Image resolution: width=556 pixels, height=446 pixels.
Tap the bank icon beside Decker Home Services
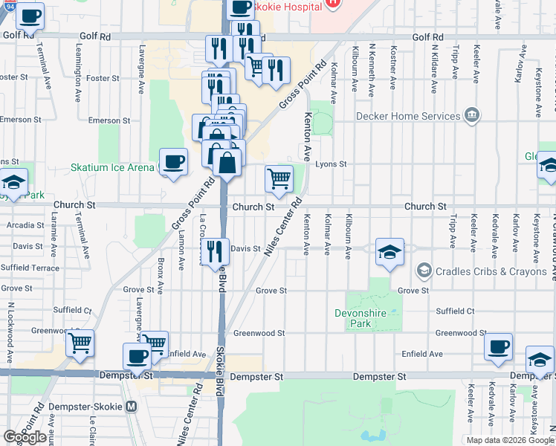(471, 115)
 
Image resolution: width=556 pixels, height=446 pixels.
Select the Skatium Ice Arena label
(112, 167)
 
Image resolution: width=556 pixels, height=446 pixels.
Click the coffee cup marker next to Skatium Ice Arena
(174, 163)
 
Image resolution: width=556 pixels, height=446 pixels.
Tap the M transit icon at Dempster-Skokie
(132, 407)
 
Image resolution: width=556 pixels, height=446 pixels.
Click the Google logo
(25, 437)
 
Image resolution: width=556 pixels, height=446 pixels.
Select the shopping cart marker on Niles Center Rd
(279, 178)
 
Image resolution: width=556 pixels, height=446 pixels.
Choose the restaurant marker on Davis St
(214, 251)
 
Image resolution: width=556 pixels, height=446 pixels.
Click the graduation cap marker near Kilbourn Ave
(389, 252)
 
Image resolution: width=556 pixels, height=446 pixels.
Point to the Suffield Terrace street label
(30, 266)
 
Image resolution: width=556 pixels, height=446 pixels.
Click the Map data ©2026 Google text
(509, 439)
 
